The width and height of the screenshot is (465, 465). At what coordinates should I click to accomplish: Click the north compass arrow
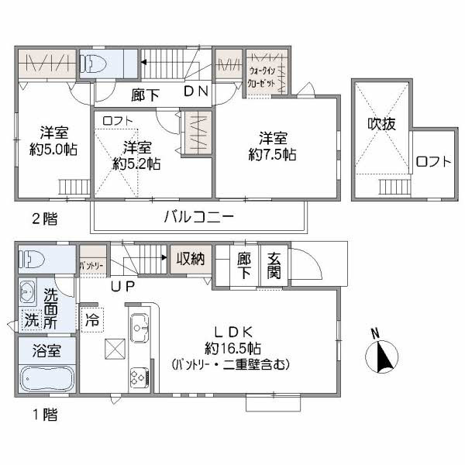[x=381, y=357]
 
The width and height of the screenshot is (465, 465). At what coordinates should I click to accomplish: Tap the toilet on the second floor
[x=96, y=63]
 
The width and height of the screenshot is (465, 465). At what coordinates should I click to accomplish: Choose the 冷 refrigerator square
[x=92, y=319]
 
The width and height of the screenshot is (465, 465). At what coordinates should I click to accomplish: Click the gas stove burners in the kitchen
[x=138, y=378]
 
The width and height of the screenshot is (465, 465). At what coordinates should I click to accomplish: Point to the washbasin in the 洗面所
[x=29, y=291]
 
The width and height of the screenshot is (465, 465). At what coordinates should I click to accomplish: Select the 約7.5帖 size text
[x=277, y=155]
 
